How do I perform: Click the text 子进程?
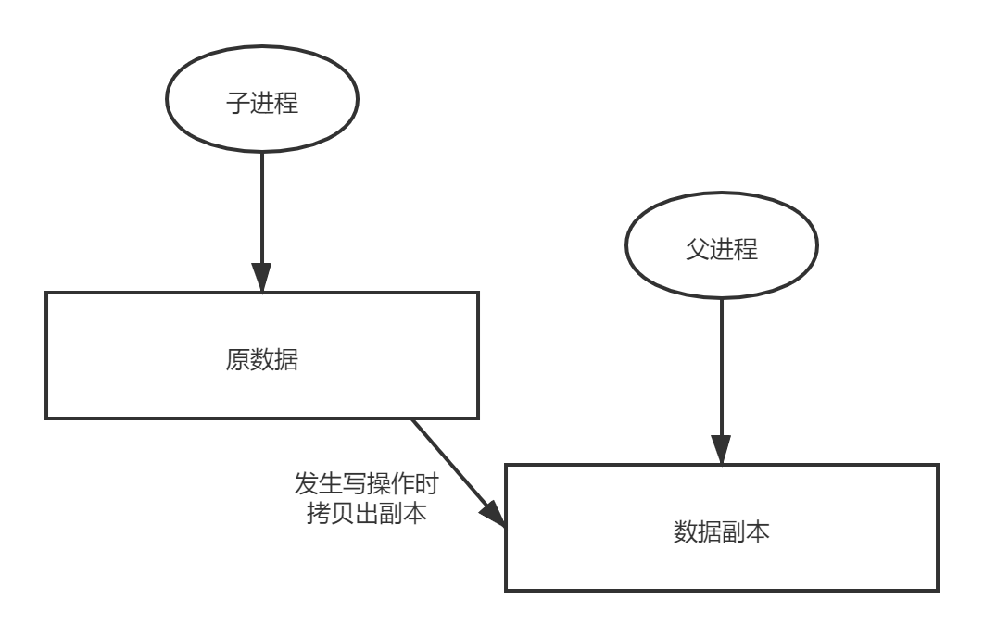coord(262,102)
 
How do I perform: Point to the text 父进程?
coord(721,249)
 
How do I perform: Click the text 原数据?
coord(262,359)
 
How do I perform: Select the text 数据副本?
coord(721,531)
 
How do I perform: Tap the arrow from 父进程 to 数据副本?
coord(721,370)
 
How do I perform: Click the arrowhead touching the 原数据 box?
coord(262,278)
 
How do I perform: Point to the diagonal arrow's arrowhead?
coord(495,515)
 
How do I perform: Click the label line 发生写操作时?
coord(365,484)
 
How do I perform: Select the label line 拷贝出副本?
coord(365,512)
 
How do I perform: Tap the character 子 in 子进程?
coord(238,102)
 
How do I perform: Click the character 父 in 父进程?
coord(697,249)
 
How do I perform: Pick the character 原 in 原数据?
coord(238,359)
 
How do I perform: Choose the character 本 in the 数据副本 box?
coord(757,531)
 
